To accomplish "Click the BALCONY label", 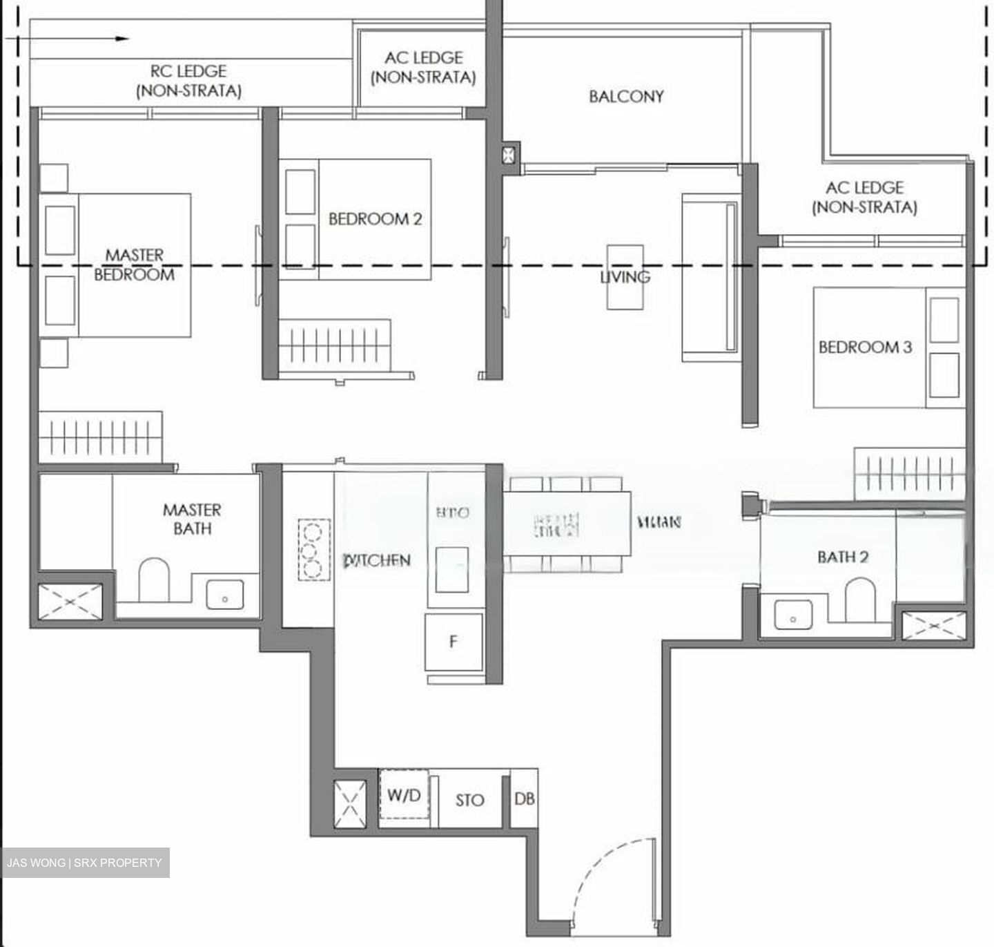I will [x=626, y=96].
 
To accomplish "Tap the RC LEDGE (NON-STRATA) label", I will [x=188, y=81].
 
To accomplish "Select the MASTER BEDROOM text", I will [x=135, y=265].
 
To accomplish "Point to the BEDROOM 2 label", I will [x=375, y=219].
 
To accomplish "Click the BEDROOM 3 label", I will [x=865, y=347].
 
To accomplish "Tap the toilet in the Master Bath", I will [x=154, y=580].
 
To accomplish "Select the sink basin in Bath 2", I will [x=792, y=613].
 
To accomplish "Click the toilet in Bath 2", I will [x=859, y=599].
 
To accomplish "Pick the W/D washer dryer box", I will [x=404, y=795].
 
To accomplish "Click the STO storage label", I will [x=469, y=800].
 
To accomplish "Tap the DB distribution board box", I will [x=524, y=798].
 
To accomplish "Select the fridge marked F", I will [x=454, y=642].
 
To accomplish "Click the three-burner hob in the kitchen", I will [x=314, y=550].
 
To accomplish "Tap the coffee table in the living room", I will [x=625, y=276].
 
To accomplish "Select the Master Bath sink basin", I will [x=225, y=595].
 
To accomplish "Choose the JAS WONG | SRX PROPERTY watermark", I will [x=84, y=863].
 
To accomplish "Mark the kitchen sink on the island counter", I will [x=451, y=569].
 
